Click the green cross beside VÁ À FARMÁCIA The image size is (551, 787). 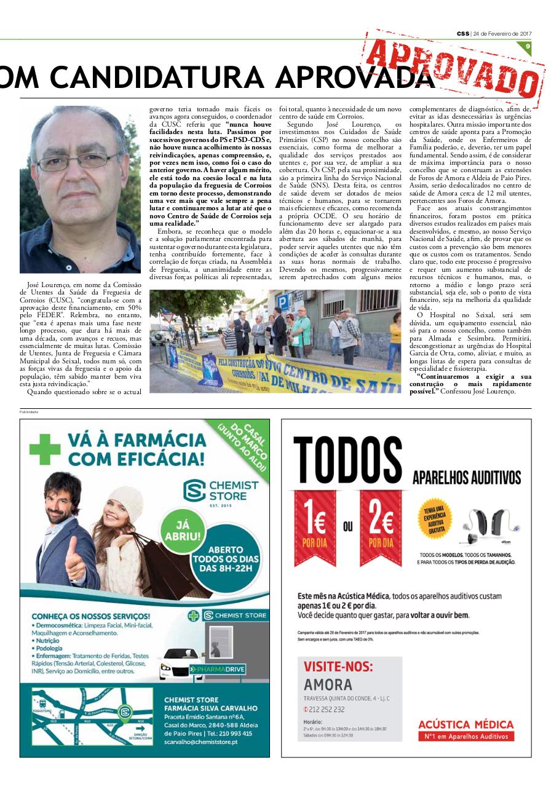tap(45, 449)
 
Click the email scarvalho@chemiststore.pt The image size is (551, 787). tap(200, 742)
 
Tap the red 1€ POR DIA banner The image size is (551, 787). tap(314, 526)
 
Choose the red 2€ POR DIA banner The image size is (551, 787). tap(380, 526)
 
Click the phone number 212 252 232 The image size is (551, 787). tap(327, 710)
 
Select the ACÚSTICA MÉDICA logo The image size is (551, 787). tap(466, 729)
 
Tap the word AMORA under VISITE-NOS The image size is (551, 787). tap(328, 684)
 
